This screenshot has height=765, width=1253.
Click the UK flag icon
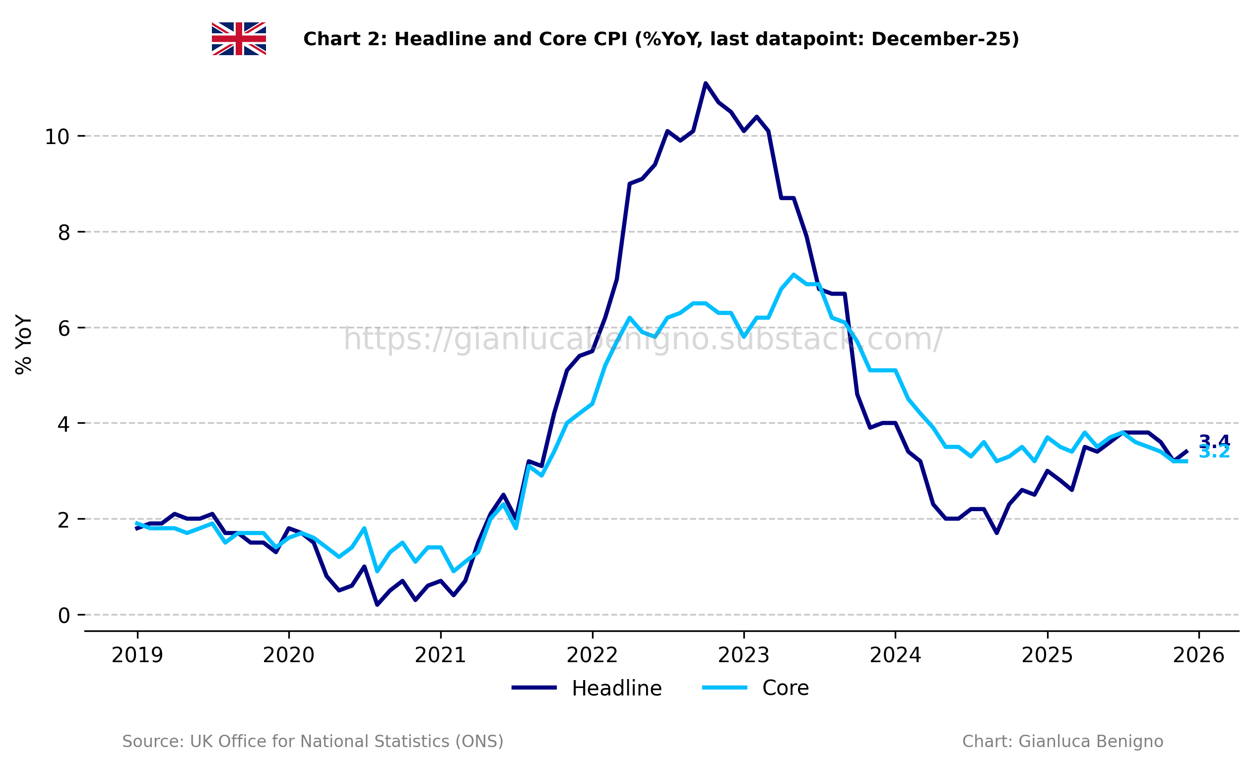[x=239, y=39]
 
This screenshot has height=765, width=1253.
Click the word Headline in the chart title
[x=440, y=39]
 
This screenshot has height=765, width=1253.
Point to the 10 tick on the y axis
[x=57, y=137]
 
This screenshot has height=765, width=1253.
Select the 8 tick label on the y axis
[x=64, y=233]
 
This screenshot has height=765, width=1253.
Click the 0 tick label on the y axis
[x=64, y=616]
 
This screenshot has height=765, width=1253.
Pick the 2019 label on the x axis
[x=137, y=656]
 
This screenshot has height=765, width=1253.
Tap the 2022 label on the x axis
[x=592, y=656]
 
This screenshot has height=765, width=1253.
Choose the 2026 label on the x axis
[x=1198, y=656]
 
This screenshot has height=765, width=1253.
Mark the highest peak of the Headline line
[x=705, y=83]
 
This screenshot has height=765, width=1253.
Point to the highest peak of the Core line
[x=793, y=275]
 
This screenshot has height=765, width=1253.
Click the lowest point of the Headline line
[x=377, y=605]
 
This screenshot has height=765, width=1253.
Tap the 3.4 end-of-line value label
[x=1214, y=441]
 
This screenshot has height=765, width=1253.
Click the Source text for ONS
[x=312, y=742]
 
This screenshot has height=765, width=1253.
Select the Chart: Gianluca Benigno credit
[x=1062, y=742]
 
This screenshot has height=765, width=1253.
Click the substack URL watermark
[x=643, y=339]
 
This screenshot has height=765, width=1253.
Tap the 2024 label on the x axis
[x=895, y=656]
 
